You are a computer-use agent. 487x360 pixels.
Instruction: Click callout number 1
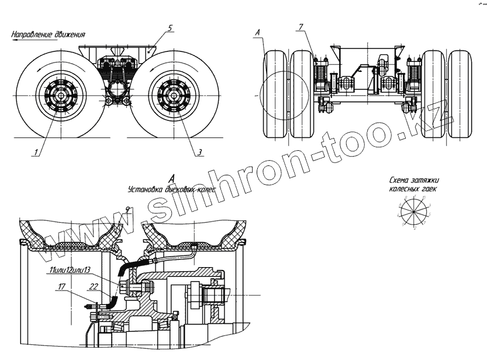click(x=36, y=153)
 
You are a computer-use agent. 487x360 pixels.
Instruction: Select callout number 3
click(x=199, y=152)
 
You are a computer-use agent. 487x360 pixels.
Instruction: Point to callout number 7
click(x=299, y=28)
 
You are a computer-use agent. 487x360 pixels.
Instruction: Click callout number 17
click(x=61, y=286)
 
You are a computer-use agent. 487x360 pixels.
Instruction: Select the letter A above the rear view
click(x=258, y=33)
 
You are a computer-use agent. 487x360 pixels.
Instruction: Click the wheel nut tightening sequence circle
click(x=414, y=212)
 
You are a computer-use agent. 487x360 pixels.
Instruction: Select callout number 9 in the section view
click(x=127, y=209)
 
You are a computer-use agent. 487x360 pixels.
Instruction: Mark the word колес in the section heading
click(x=205, y=190)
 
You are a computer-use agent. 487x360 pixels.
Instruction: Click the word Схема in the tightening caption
click(x=401, y=181)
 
